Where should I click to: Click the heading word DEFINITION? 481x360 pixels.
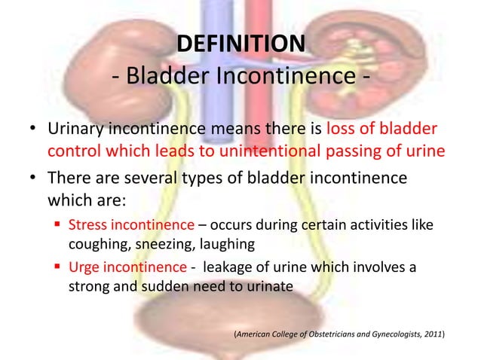[240, 44]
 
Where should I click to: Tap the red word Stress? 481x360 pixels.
[87, 224]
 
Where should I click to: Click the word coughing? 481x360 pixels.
[93, 243]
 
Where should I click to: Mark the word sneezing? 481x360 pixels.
[161, 243]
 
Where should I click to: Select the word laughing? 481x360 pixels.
[227, 243]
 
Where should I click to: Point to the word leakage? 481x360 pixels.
[229, 269]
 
